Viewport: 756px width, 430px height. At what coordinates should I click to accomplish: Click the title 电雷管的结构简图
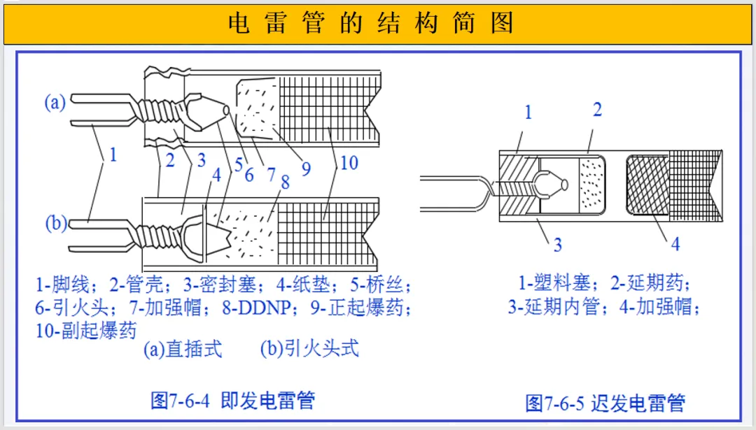coord(370,23)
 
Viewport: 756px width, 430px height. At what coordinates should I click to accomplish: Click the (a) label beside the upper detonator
coord(55,103)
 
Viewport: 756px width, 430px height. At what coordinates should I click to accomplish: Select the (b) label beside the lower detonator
coord(56,224)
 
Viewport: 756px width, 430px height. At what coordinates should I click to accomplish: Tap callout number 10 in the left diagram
coord(348,163)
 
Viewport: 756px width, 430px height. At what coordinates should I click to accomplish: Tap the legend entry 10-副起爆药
coord(86,329)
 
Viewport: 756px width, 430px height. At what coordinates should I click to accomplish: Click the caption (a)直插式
coord(183,348)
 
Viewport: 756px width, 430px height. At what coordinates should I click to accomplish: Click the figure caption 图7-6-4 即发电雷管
coord(232,401)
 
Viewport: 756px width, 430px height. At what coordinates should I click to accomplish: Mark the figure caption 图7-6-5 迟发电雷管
coord(605,403)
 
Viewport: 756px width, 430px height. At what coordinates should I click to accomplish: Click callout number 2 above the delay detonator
coord(596,110)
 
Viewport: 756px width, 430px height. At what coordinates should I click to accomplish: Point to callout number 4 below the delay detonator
coord(675,244)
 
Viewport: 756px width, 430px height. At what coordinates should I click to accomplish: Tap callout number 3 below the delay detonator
coord(557,245)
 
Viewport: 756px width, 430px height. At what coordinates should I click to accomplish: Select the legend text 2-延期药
coord(649,283)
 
